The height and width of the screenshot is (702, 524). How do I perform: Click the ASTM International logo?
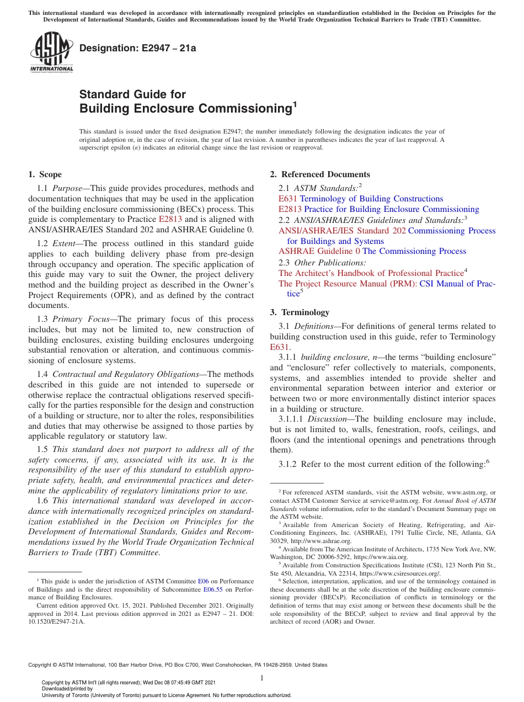click(51, 52)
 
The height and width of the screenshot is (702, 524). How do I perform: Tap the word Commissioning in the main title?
click(241, 108)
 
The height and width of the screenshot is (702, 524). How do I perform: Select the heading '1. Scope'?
click(45, 174)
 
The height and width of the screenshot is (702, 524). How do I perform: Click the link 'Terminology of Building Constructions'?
click(371, 199)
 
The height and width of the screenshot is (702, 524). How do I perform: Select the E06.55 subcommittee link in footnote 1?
click(212, 589)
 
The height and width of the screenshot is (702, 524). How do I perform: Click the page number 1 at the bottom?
click(262, 678)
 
